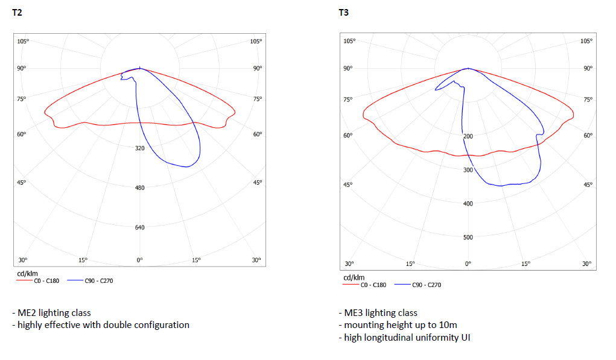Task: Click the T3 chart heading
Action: pos(343,12)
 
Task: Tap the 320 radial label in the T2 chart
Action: pos(139,148)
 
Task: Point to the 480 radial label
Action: pos(139,188)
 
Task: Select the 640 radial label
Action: pos(139,228)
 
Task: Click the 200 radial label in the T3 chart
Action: pos(468,136)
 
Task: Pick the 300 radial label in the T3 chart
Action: pos(468,170)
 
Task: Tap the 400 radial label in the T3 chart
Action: pos(468,204)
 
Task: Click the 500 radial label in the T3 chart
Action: pos(468,237)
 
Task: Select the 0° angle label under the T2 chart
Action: pos(139,260)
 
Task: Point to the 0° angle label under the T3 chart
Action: pos(468,264)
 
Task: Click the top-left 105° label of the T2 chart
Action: pos(23,41)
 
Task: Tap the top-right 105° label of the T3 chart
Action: pos(586,41)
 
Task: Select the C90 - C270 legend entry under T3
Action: pos(426,285)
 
